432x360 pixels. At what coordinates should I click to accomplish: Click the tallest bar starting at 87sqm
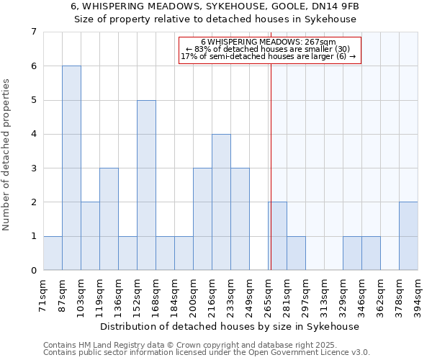(71, 168)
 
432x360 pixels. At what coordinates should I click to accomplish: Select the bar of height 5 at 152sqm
(146, 185)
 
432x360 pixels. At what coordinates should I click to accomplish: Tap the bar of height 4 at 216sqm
(221, 202)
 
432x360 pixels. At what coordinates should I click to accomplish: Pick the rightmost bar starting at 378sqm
(408, 236)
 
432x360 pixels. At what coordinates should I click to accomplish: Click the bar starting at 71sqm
(53, 253)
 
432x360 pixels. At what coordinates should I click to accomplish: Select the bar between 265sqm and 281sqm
(277, 236)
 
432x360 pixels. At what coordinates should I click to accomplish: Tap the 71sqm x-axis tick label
(44, 294)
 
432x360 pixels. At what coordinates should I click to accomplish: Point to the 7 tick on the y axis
(33, 32)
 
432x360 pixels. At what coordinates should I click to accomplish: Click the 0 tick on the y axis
(33, 271)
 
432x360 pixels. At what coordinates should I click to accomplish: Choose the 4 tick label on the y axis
(33, 134)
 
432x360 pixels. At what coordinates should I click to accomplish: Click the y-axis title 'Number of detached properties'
(7, 151)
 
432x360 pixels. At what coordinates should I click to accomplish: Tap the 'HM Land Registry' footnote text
(115, 345)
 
